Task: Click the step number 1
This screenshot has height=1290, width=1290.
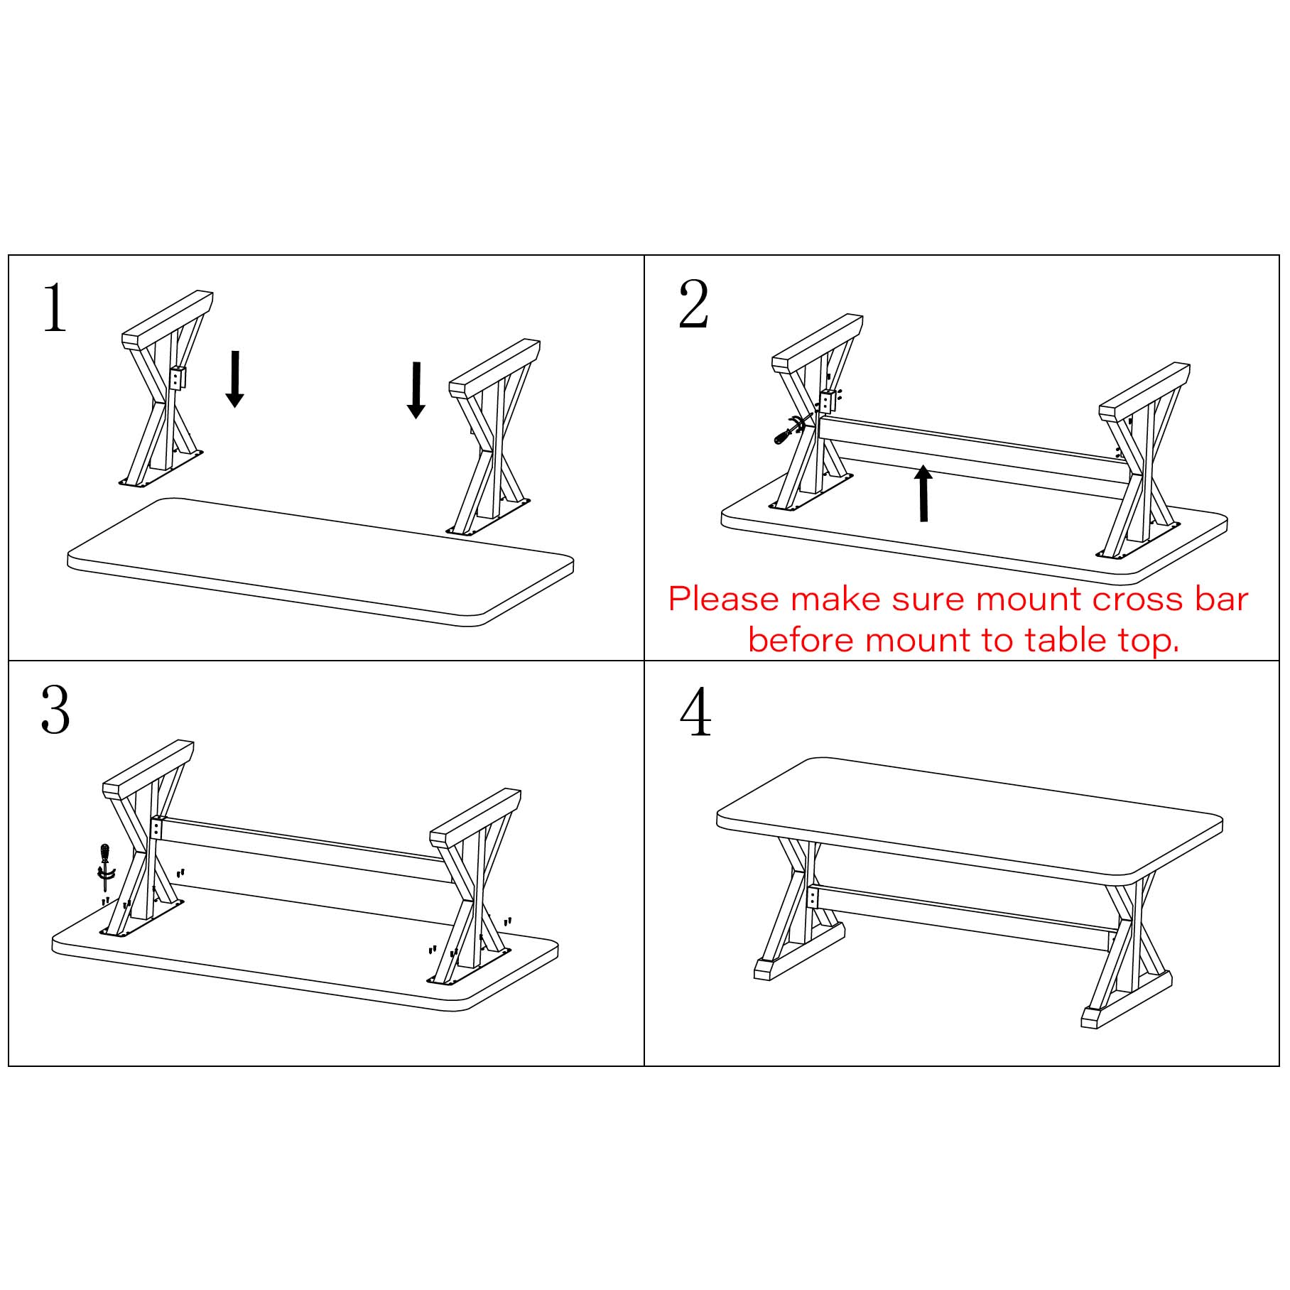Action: [55, 308]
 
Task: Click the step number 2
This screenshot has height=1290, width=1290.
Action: [693, 305]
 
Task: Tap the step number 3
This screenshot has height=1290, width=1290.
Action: [55, 710]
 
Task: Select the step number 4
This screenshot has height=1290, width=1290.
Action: [695, 712]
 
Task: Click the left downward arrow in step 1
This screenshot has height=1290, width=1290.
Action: [234, 379]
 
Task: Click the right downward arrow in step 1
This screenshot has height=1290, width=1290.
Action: [416, 390]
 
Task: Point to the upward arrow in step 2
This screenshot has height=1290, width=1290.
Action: [923, 494]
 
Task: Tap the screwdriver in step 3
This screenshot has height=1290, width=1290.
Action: [106, 866]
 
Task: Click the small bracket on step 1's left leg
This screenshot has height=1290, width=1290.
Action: [178, 378]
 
